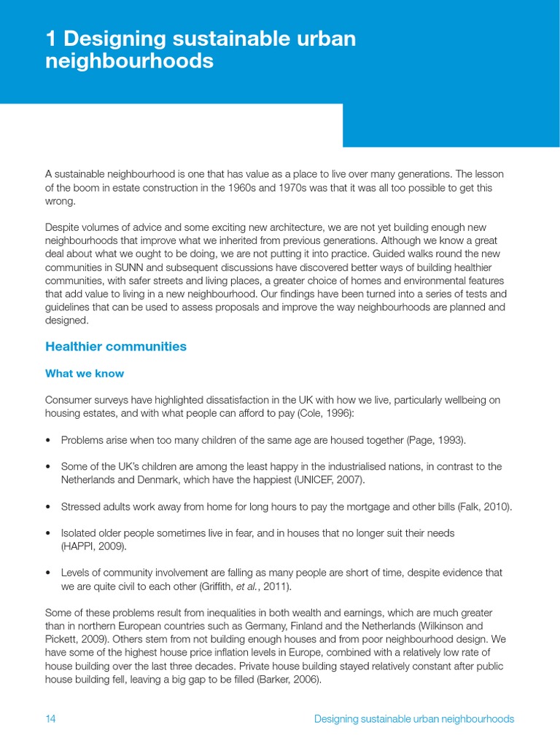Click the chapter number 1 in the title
pos(51,39)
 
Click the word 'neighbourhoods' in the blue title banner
pos(129,61)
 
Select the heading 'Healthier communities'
pos(116,347)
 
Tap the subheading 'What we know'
pos(85,374)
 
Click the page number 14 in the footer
pos(50,719)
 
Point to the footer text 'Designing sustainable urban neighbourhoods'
pos(413,719)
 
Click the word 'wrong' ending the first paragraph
pos(59,201)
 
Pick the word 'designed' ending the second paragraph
pos(66,320)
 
